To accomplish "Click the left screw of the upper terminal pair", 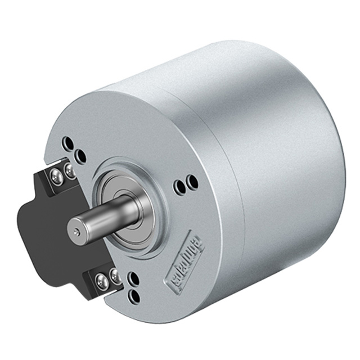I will pos(56,177).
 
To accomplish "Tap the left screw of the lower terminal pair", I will pos(101,281).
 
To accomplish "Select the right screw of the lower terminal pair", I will pos(115,276).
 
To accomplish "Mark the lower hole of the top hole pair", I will pos(81,156).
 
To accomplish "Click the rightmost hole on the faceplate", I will pos(192,182).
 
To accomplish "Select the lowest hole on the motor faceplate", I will pos(135,295).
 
